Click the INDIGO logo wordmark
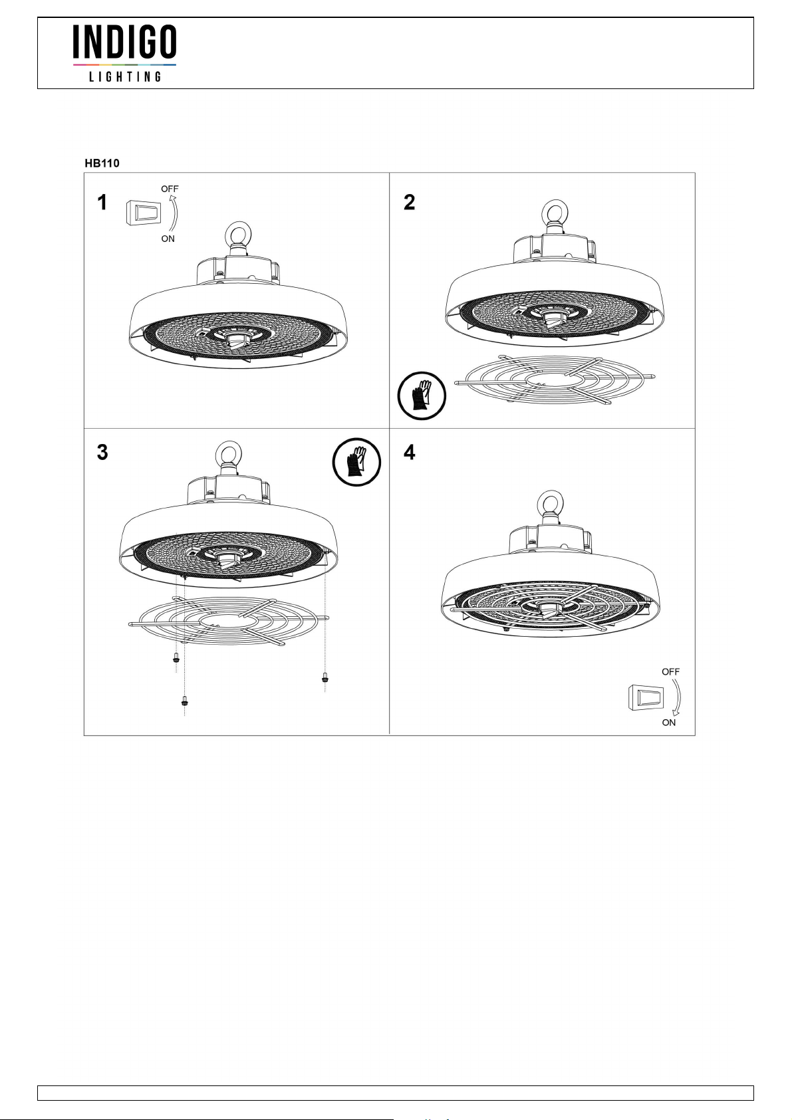[x=124, y=42]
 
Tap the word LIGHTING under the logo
[x=125, y=76]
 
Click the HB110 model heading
[x=102, y=163]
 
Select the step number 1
[x=102, y=203]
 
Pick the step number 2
[x=409, y=203]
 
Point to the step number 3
[x=102, y=452]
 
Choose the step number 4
[x=409, y=452]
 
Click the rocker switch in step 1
[x=142, y=213]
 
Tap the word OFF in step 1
[x=170, y=189]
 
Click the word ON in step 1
[x=168, y=239]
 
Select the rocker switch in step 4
[x=646, y=698]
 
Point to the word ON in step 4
[x=669, y=723]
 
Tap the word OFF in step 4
[x=670, y=672]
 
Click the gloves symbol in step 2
[x=422, y=396]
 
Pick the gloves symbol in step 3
[x=356, y=462]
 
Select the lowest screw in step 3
[x=185, y=701]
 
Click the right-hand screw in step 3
[x=325, y=678]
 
